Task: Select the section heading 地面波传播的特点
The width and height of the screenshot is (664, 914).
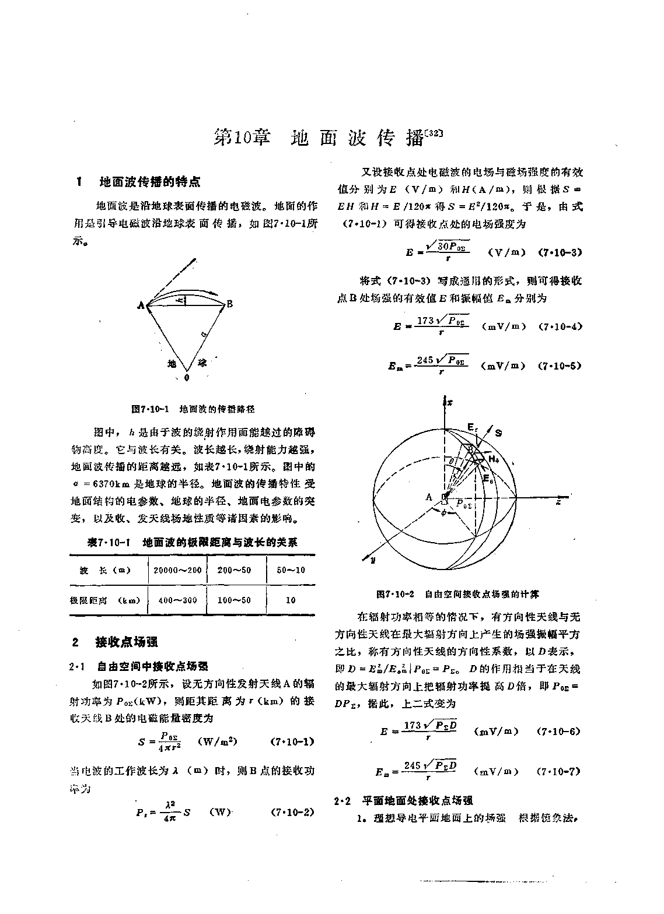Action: click(x=150, y=182)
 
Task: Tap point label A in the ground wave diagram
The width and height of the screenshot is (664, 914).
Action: click(x=141, y=304)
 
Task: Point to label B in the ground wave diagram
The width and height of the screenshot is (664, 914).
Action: click(x=230, y=304)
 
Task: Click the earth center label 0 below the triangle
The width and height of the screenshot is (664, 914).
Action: click(x=187, y=378)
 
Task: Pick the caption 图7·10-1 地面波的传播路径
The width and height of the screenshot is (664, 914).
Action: click(x=193, y=409)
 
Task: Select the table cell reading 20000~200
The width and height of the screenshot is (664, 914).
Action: click(x=177, y=570)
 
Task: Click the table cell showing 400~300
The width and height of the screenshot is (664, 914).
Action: click(x=177, y=600)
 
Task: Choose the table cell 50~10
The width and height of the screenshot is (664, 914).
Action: click(x=291, y=570)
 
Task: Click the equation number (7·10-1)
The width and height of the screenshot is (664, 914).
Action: click(x=293, y=742)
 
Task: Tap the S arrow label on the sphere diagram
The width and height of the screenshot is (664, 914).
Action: click(x=498, y=433)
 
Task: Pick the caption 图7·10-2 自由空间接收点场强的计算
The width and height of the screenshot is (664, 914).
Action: click(x=457, y=594)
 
